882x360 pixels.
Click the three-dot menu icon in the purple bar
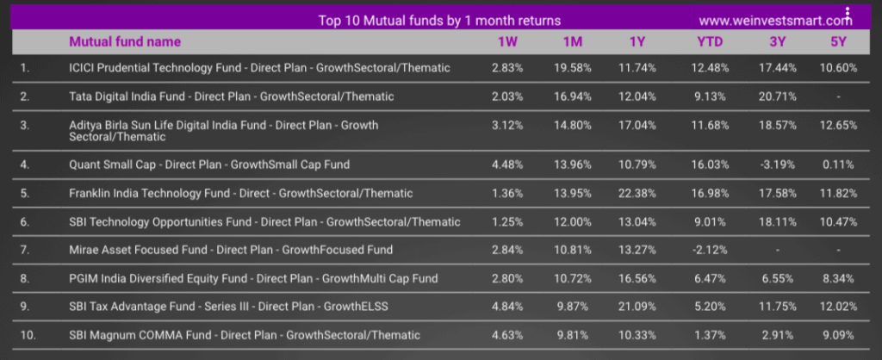pyautogui.click(x=848, y=14)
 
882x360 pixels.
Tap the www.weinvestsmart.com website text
pyautogui.click(x=775, y=21)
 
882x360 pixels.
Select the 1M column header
pyautogui.click(x=572, y=41)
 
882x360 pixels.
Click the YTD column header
pyautogui.click(x=710, y=41)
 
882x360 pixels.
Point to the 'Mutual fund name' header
pyautogui.click(x=125, y=41)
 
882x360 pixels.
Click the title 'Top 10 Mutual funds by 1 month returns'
pyautogui.click(x=439, y=21)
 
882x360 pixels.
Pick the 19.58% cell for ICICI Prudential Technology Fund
pyautogui.click(x=572, y=68)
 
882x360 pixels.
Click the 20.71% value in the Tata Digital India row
pyautogui.click(x=778, y=96)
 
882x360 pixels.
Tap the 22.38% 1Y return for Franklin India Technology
pyautogui.click(x=640, y=194)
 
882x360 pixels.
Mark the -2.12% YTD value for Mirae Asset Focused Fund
pyautogui.click(x=710, y=250)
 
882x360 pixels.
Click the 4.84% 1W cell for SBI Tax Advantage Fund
pyautogui.click(x=507, y=307)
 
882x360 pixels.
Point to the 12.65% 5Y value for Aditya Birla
pyautogui.click(x=839, y=125)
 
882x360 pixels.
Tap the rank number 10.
pyautogui.click(x=28, y=335)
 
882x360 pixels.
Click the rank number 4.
pyautogui.click(x=24, y=164)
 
